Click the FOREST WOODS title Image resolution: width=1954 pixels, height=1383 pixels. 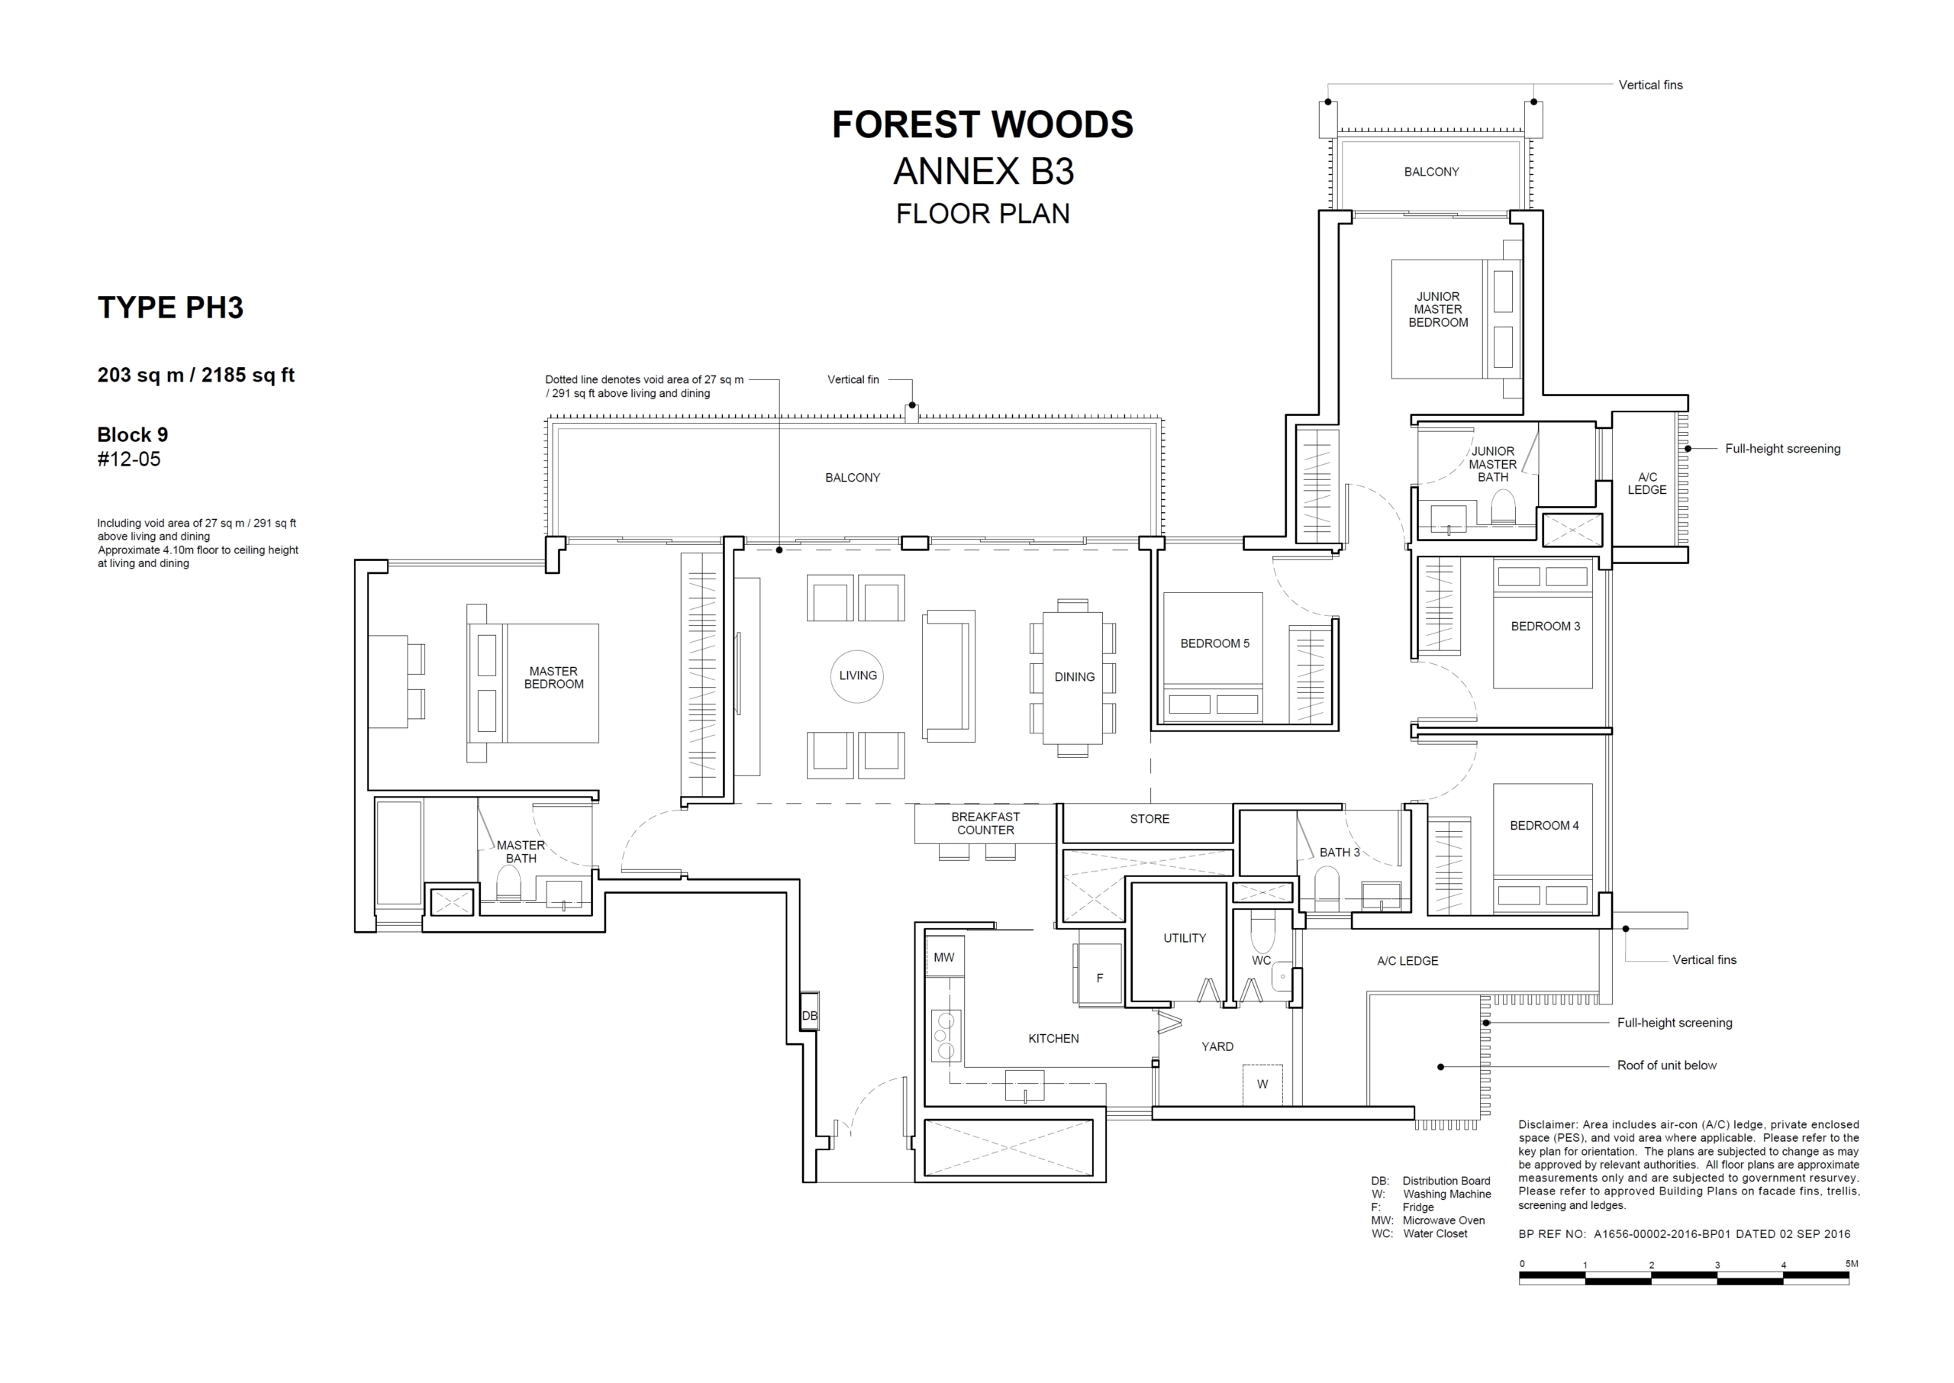tap(982, 124)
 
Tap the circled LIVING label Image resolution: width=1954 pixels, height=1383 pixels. tap(857, 676)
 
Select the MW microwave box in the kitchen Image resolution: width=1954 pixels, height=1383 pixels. tap(944, 957)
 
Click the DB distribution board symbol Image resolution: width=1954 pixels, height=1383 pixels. tap(810, 1016)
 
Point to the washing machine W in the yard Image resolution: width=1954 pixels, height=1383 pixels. tap(1262, 1084)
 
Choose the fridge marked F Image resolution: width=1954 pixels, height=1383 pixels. tap(1099, 978)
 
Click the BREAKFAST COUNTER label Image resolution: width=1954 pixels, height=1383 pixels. tap(985, 824)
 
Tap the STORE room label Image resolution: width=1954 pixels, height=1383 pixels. tap(1150, 819)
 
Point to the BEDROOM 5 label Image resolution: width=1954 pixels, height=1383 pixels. tap(1215, 644)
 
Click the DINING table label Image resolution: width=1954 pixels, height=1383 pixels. tap(1075, 677)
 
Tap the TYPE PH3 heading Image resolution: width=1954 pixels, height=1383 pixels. tap(170, 308)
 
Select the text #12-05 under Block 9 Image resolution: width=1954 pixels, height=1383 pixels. tap(128, 460)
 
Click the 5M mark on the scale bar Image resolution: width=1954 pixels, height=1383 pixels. tap(1852, 1264)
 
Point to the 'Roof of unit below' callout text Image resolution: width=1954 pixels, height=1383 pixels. tap(1667, 1065)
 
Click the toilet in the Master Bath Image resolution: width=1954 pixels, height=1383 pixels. tap(508, 884)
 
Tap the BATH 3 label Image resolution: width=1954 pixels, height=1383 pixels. tap(1340, 853)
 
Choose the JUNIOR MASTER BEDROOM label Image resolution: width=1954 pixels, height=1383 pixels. tap(1438, 310)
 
